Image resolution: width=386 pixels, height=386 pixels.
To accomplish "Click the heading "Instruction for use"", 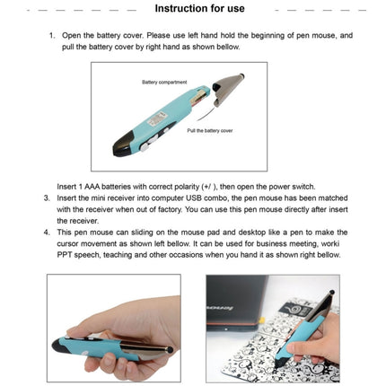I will click(x=199, y=9).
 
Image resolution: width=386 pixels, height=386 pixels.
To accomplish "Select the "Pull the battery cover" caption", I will click(x=209, y=130).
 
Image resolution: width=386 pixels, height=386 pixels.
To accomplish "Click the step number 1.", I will click(x=51, y=37).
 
